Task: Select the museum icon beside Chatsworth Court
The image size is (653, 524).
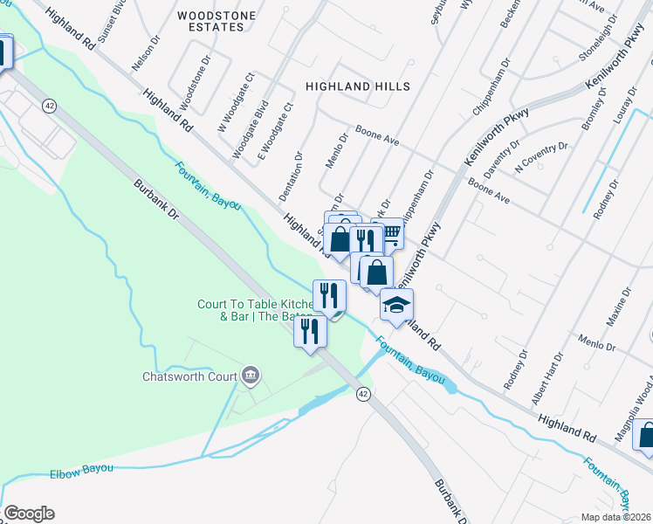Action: [x=251, y=376]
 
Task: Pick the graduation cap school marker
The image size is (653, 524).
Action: [x=396, y=305]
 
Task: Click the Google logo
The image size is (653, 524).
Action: [x=29, y=514]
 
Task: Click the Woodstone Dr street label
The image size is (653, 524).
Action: [x=196, y=84]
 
